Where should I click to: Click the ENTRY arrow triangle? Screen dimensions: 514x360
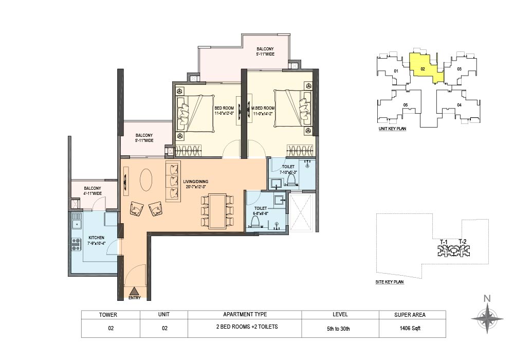tap(134, 292)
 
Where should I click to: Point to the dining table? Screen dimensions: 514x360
tap(217, 211)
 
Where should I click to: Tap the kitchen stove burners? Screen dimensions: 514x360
tap(76, 244)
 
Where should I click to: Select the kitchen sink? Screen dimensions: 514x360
tap(77, 221)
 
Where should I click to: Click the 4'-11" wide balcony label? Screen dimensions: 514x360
tap(93, 191)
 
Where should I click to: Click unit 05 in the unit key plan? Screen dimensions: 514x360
tap(406, 105)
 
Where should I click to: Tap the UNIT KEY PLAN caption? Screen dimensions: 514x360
tap(392, 129)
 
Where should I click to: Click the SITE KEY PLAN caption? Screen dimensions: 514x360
tap(390, 282)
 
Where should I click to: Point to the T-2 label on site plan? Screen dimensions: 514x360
tap(462, 242)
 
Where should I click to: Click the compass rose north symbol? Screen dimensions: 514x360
tap(487, 318)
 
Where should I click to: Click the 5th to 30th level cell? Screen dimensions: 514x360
tap(340, 328)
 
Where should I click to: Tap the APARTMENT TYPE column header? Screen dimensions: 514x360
tap(245, 314)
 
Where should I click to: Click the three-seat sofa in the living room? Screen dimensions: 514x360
tap(173, 182)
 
